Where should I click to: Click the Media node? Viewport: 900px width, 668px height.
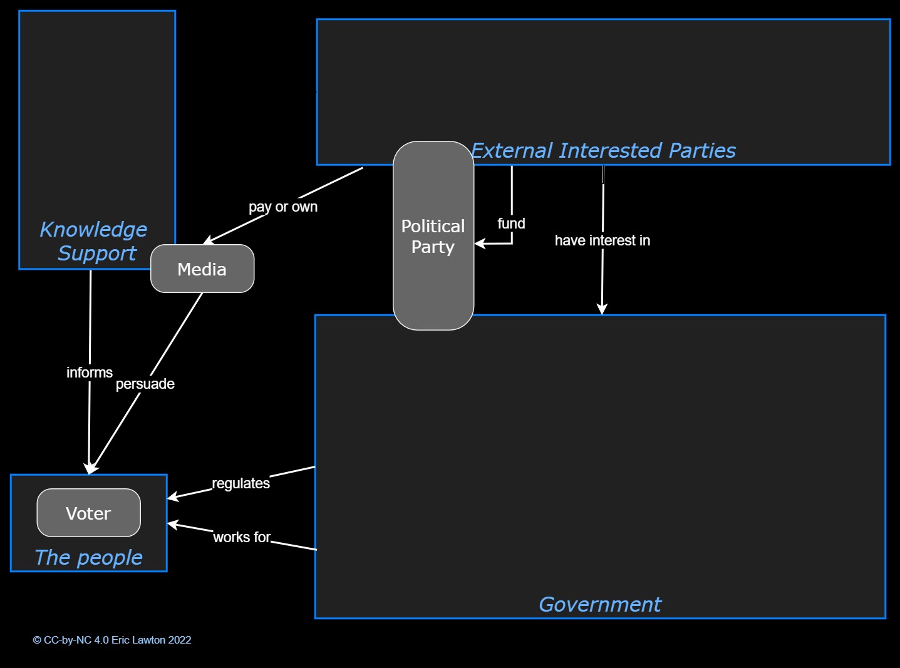click(202, 269)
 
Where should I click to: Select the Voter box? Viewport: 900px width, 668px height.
click(88, 513)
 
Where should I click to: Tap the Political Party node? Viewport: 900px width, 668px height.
click(433, 236)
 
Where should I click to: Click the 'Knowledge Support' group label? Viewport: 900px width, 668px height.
click(94, 241)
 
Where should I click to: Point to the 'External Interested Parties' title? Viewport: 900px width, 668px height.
click(603, 151)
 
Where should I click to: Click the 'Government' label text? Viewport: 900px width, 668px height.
click(599, 604)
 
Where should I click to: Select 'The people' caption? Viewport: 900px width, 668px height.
click(88, 557)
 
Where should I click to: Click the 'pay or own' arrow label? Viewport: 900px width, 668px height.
click(283, 207)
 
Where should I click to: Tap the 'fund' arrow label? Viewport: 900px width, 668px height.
click(511, 224)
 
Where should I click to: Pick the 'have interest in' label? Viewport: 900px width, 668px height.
click(602, 240)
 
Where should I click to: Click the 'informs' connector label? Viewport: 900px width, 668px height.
click(90, 373)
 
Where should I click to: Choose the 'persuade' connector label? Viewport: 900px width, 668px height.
click(145, 384)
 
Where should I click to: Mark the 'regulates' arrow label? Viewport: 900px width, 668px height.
click(241, 483)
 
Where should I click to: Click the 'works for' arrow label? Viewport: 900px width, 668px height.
click(242, 537)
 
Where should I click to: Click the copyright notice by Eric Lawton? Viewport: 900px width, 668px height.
click(112, 640)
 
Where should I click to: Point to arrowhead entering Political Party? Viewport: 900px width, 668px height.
click(479, 244)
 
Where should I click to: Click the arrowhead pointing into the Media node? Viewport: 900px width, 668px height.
click(208, 242)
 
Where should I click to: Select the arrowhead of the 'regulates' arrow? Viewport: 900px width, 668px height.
click(172, 498)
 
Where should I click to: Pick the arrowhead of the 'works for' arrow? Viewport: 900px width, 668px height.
click(172, 524)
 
